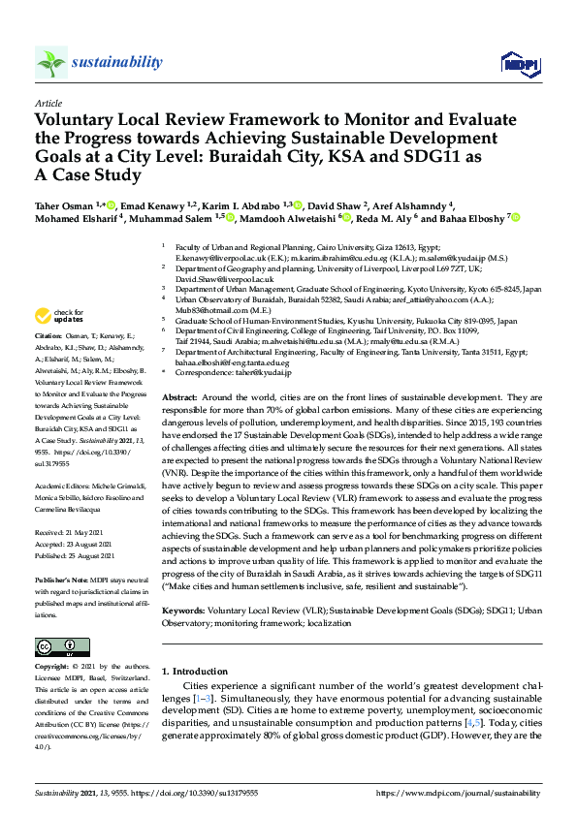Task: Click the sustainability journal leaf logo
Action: click(x=51, y=63)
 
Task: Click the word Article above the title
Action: click(x=48, y=103)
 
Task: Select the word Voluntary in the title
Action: click(x=75, y=121)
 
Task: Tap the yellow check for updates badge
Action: click(x=59, y=316)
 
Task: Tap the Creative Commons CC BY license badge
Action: click(x=57, y=645)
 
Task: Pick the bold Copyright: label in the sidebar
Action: click(x=53, y=668)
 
